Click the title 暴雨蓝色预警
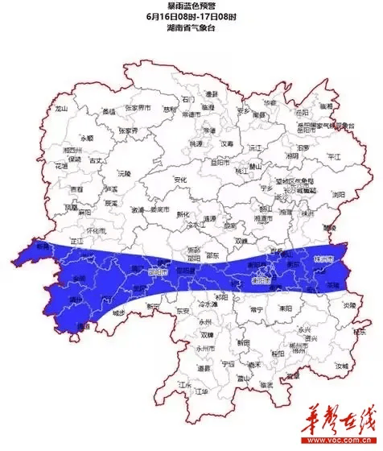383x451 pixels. [191, 6]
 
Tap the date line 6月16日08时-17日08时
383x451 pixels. [191, 16]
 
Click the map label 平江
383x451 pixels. [334, 158]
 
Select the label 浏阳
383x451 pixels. [339, 193]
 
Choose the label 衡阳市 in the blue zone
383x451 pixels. [261, 282]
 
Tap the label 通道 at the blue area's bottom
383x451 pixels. [81, 326]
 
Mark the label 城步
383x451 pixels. [118, 312]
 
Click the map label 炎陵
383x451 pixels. [347, 305]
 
